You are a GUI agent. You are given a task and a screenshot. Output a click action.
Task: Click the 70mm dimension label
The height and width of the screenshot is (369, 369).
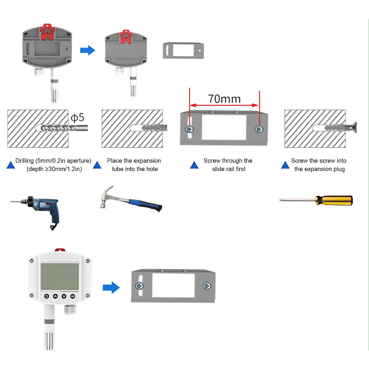tap(224, 99)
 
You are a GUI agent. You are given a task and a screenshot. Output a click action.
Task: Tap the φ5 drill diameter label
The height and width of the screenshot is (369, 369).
tap(77, 117)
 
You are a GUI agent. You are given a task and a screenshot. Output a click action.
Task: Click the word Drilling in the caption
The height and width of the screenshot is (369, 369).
tap(25, 161)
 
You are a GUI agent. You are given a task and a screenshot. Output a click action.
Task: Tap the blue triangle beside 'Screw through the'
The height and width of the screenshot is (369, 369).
tap(194, 165)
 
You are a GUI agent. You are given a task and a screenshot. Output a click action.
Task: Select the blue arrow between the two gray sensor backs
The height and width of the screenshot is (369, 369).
tap(88, 50)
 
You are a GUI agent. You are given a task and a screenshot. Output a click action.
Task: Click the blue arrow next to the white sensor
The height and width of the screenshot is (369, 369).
tap(111, 288)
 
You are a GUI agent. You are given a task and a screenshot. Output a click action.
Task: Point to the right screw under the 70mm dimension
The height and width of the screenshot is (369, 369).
tap(259, 129)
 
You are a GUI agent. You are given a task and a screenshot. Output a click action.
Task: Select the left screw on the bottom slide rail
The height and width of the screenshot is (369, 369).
tap(140, 286)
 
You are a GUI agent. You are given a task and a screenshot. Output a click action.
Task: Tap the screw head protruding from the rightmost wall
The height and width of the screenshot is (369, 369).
tap(354, 127)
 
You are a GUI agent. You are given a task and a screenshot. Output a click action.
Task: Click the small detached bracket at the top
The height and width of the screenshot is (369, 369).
tap(183, 51)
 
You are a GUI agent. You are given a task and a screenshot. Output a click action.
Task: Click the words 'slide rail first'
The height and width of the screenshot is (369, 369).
tap(229, 169)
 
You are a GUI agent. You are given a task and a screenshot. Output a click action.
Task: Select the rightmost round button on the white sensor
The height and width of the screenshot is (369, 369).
tap(73, 296)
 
